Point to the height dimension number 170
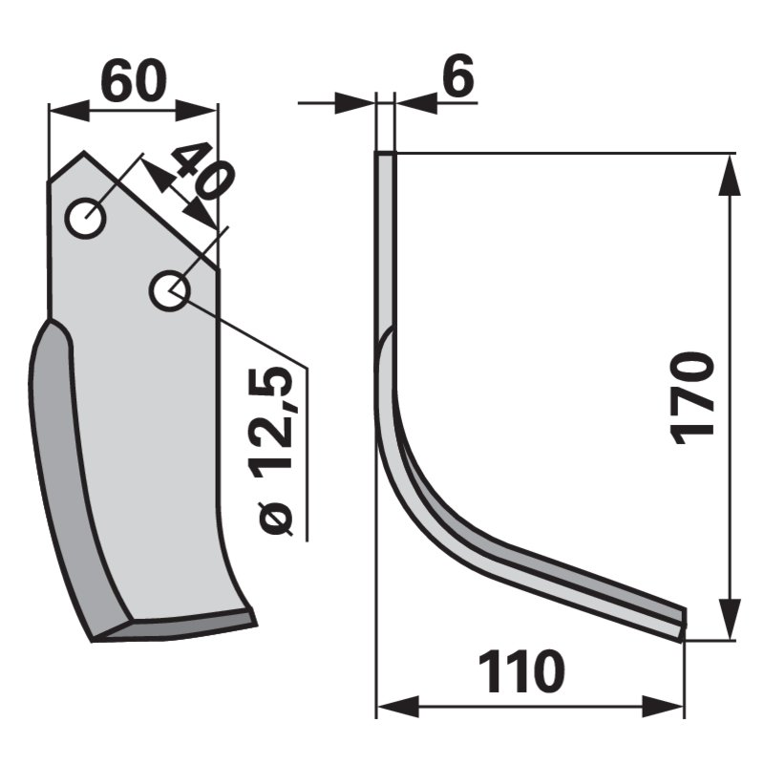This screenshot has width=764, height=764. [x=692, y=398]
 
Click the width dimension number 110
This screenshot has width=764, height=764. [x=521, y=672]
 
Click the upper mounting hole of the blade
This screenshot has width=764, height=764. [x=85, y=218]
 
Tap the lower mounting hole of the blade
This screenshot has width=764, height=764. [x=169, y=291]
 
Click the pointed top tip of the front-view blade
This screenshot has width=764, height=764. [x=84, y=152]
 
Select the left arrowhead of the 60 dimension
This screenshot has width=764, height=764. [x=70, y=110]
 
